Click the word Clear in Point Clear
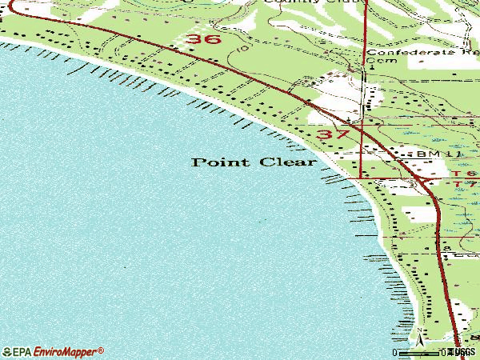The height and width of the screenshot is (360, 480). tap(287, 162)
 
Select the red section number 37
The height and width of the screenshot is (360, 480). tap(333, 135)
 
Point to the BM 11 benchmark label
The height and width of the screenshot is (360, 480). tap(430, 152)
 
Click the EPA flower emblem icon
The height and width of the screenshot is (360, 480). tap(7, 352)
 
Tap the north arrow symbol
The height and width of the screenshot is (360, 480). tap(418, 342)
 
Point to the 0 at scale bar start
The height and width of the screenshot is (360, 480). tap(394, 352)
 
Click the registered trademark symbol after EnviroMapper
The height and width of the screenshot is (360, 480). tap(102, 349)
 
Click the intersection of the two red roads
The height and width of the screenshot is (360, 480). tap(362, 127)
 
